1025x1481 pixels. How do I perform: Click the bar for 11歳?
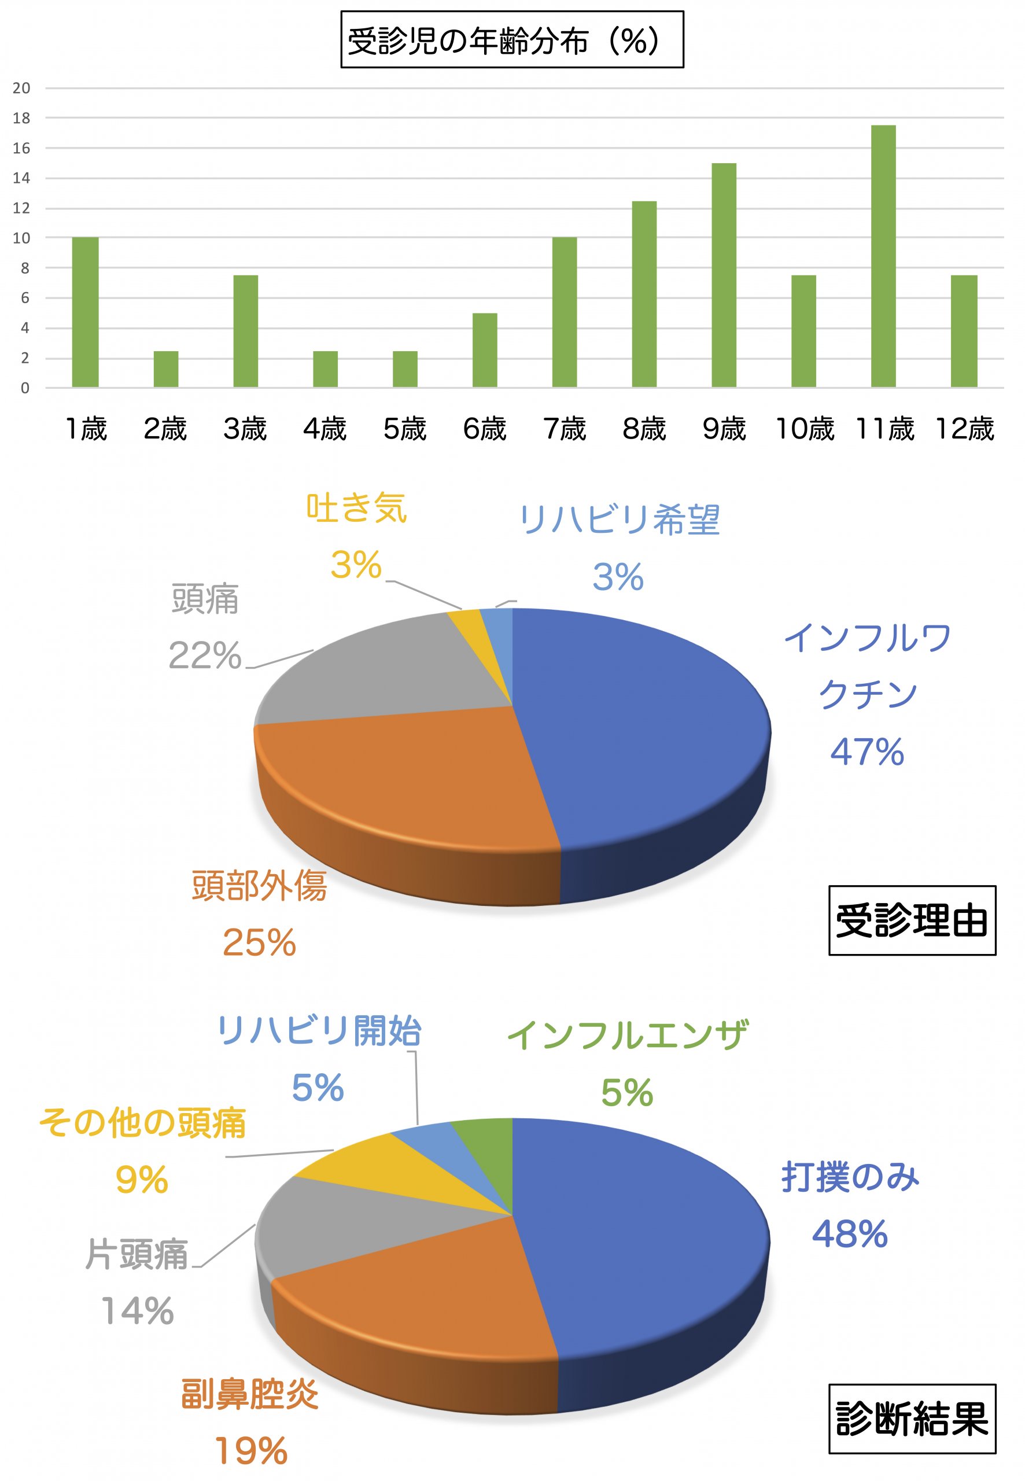883,256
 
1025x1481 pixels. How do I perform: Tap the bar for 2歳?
165,369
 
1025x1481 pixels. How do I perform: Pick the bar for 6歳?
485,350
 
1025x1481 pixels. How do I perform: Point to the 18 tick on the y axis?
21,118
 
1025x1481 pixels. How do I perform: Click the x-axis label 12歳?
964,429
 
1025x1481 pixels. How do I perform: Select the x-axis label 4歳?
325,429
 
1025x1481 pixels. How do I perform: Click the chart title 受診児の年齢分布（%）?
512,40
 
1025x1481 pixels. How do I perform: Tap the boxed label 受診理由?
912,920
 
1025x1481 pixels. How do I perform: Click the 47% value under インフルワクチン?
867,752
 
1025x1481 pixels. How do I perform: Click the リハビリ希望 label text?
619,520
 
